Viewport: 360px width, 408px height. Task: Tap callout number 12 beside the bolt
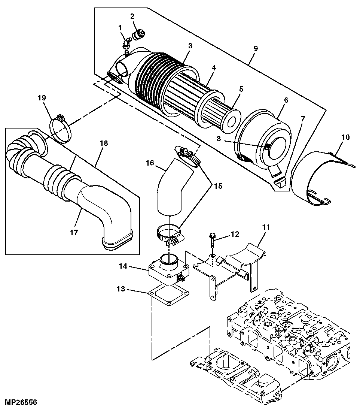pyautogui.click(x=235, y=235)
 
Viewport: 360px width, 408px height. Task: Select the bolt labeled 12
pyautogui.click(x=212, y=240)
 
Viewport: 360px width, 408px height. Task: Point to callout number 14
pyautogui.click(x=123, y=266)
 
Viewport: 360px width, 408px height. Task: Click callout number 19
pyautogui.click(x=41, y=98)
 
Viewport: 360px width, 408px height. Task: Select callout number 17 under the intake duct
pyautogui.click(x=74, y=233)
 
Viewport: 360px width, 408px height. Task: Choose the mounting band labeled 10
pyautogui.click(x=318, y=176)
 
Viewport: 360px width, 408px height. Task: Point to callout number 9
pyautogui.click(x=256, y=48)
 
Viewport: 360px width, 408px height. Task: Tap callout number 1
pyautogui.click(x=120, y=27)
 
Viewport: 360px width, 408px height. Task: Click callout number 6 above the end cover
pyautogui.click(x=286, y=100)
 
